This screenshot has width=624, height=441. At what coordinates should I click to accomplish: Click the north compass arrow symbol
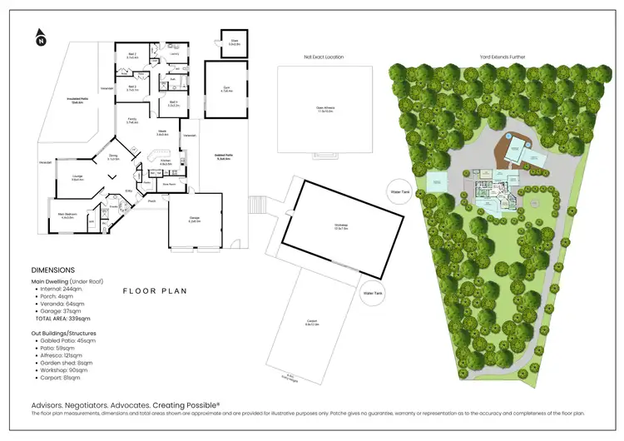[40, 37]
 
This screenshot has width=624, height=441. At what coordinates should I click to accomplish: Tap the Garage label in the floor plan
[193, 221]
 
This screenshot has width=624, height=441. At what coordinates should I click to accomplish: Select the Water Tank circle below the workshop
[372, 294]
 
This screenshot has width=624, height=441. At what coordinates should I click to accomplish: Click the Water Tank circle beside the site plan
[400, 192]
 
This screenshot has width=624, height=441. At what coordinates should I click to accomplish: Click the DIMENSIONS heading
[52, 270]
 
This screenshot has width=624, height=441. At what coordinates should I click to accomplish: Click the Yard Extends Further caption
[502, 57]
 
